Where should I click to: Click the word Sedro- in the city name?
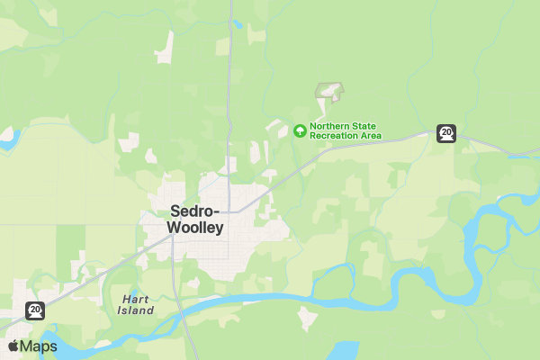(x=195, y=211)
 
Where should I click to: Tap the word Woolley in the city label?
(x=195, y=229)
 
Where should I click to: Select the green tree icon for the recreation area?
(x=300, y=130)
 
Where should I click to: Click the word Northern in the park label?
(x=331, y=126)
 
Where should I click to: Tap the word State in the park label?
(x=365, y=126)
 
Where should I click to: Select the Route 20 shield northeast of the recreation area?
(x=445, y=133)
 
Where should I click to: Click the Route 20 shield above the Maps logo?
(x=35, y=310)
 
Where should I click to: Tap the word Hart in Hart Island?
(x=136, y=299)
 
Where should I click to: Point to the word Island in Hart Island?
(x=136, y=310)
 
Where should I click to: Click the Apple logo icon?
(x=13, y=346)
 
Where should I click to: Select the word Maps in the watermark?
(x=39, y=346)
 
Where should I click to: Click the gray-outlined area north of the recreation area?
(x=328, y=92)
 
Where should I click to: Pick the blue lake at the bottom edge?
(x=342, y=351)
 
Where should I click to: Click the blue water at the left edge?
(x=7, y=139)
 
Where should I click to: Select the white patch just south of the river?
(x=308, y=316)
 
